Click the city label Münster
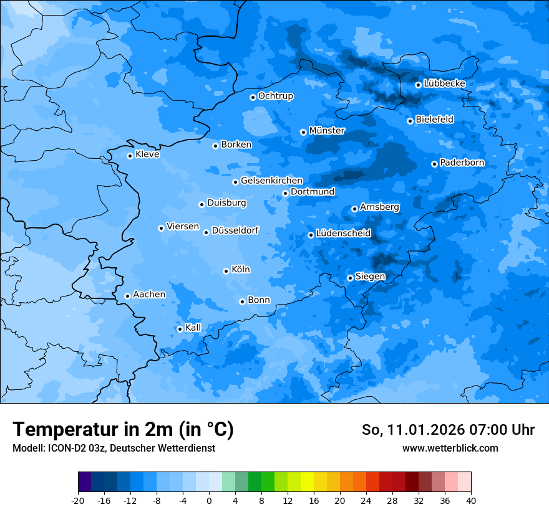click(326, 131)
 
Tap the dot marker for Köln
click(226, 271)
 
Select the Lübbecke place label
click(444, 83)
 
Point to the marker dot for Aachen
click(127, 296)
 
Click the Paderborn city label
click(462, 163)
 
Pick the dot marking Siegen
click(350, 278)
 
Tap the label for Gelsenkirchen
click(271, 181)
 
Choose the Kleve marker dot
click(130, 156)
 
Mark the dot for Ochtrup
click(253, 97)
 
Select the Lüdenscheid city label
click(343, 234)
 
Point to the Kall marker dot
click(180, 329)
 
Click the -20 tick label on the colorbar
click(78, 501)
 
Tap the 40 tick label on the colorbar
click(470, 501)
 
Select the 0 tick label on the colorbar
click(209, 501)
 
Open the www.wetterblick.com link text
click(450, 448)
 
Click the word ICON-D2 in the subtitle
click(65, 448)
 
